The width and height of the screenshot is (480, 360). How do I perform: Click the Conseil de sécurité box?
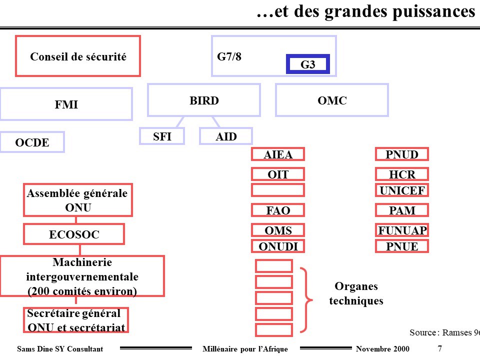point(78,56)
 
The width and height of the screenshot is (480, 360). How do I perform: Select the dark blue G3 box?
point(308,64)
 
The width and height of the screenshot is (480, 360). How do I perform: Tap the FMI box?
point(66,104)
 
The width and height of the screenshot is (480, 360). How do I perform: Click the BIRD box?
point(204,100)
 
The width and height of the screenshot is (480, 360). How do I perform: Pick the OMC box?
point(332,100)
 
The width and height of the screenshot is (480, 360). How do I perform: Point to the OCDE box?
point(32,142)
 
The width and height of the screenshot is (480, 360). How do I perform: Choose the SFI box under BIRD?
point(162,136)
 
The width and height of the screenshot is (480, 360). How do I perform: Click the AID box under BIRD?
point(226,136)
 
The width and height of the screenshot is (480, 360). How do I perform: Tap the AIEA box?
point(278,154)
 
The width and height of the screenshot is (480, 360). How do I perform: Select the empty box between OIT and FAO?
point(278,190)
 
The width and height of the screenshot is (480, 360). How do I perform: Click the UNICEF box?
point(402,190)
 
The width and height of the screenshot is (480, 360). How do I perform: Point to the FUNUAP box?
point(402,230)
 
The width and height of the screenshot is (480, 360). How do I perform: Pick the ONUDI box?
point(278,246)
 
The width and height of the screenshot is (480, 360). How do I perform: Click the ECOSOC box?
point(74,234)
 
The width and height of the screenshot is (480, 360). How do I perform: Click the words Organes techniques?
point(356,293)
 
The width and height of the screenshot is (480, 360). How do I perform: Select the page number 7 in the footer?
point(439,348)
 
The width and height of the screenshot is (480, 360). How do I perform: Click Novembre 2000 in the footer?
point(382,348)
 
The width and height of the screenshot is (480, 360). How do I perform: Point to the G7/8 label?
point(229,56)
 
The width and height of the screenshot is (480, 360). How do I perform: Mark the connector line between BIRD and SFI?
point(180,122)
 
